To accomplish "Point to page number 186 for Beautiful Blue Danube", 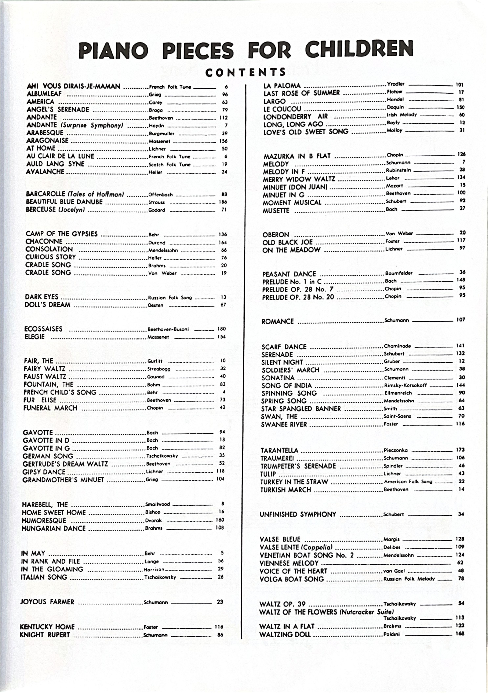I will pyautogui.click(x=223, y=202).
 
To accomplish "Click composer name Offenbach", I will pyautogui.click(x=160, y=195).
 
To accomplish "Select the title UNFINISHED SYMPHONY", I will pyautogui.click(x=298, y=514).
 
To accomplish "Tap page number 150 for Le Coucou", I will pyautogui.click(x=460, y=107).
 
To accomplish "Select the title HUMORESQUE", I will pyautogui.click(x=44, y=520).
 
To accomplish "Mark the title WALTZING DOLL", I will pyautogui.click(x=285, y=634).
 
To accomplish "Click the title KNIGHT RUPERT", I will pyautogui.click(x=45, y=635).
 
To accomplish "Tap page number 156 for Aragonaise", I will pyautogui.click(x=223, y=141).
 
